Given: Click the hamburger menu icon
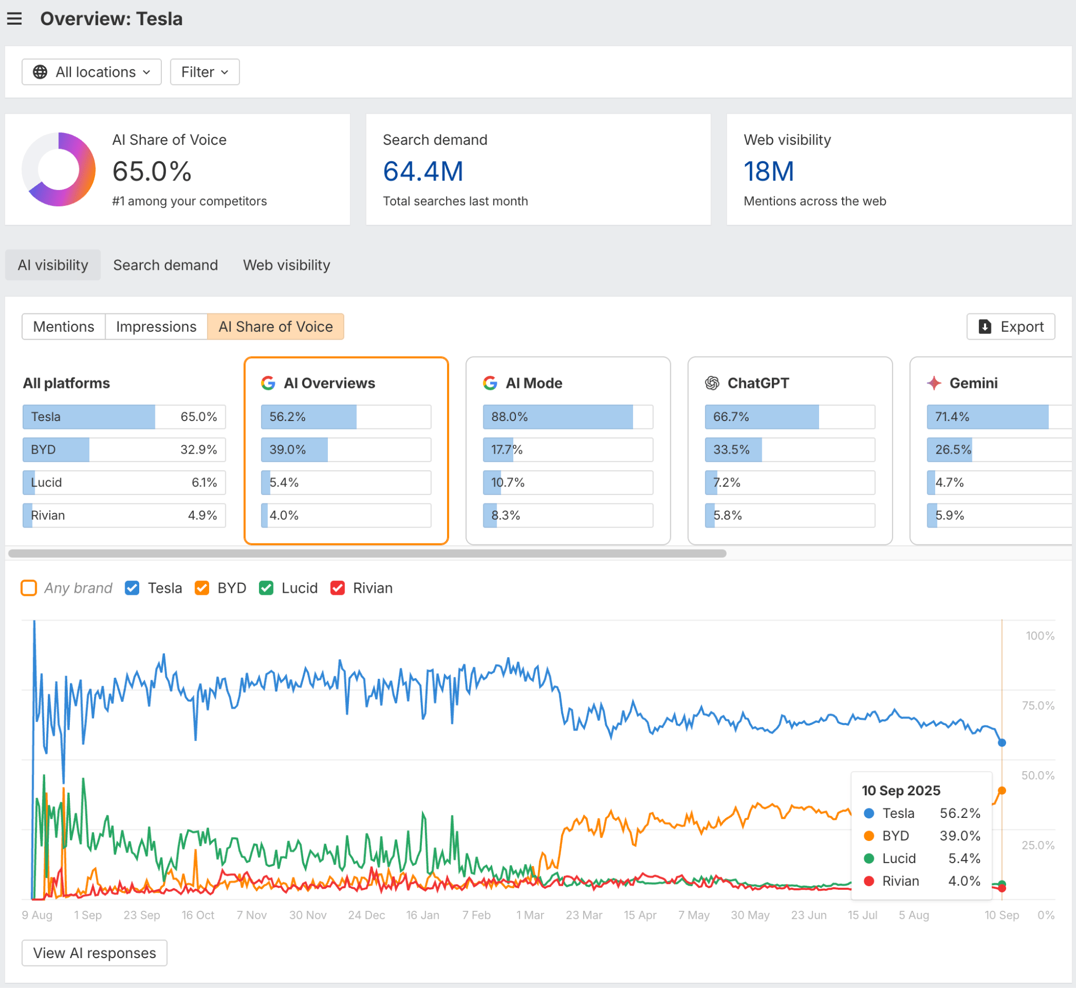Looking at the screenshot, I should pyautogui.click(x=14, y=19).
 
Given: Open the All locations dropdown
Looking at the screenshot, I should pyautogui.click(x=91, y=72).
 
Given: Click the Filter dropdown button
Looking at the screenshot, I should pyautogui.click(x=204, y=72).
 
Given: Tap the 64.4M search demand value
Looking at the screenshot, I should pyautogui.click(x=423, y=172).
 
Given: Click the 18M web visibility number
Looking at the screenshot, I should pyautogui.click(x=768, y=172).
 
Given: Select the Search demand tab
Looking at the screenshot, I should pyautogui.click(x=165, y=265).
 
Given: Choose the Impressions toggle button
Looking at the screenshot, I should pyautogui.click(x=156, y=327).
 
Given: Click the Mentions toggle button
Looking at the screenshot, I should pyautogui.click(x=64, y=327).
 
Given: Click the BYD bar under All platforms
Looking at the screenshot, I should pyautogui.click(x=123, y=449).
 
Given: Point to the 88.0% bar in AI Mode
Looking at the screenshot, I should pyautogui.click(x=567, y=417).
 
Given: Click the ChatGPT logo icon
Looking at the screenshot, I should pyautogui.click(x=711, y=383).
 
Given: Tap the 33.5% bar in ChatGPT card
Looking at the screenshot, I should pyautogui.click(x=789, y=449).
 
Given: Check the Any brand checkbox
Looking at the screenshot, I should pyautogui.click(x=29, y=588).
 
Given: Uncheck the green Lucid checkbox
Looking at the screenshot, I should pyautogui.click(x=266, y=588).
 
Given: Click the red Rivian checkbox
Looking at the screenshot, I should pyautogui.click(x=337, y=588).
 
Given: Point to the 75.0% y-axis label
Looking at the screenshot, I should pyautogui.click(x=1038, y=706).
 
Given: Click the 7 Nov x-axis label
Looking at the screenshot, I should pyautogui.click(x=252, y=915).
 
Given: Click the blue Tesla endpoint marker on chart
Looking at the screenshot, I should pyautogui.click(x=1001, y=743).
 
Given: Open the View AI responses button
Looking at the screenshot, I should pyautogui.click(x=94, y=953).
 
